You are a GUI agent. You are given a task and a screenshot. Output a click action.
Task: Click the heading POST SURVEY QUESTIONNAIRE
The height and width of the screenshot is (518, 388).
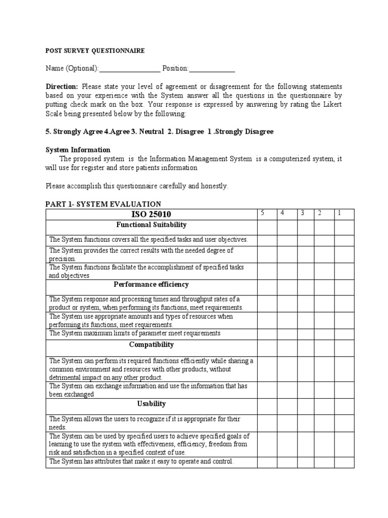[95, 51]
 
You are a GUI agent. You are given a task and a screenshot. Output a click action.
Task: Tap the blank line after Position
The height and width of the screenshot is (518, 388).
[212, 69]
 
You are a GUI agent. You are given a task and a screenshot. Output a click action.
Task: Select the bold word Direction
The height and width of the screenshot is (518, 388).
[62, 87]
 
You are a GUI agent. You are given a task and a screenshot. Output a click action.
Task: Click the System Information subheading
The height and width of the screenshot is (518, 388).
[78, 150]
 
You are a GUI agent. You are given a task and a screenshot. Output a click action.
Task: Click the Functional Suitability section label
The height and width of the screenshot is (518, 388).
[152, 225]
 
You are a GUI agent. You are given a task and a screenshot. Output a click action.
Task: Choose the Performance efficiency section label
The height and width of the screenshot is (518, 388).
[152, 285]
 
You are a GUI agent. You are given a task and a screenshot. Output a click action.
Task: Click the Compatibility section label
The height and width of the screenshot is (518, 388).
[152, 344]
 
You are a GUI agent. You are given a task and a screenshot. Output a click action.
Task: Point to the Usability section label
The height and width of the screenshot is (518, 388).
[152, 404]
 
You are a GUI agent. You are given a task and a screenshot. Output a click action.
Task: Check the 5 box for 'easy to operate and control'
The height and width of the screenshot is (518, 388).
[267, 462]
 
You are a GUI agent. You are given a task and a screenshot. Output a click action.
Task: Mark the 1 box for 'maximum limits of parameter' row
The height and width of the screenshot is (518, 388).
[344, 334]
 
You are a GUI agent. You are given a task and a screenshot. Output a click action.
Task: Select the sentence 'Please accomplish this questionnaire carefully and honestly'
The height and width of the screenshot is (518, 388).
[137, 186]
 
